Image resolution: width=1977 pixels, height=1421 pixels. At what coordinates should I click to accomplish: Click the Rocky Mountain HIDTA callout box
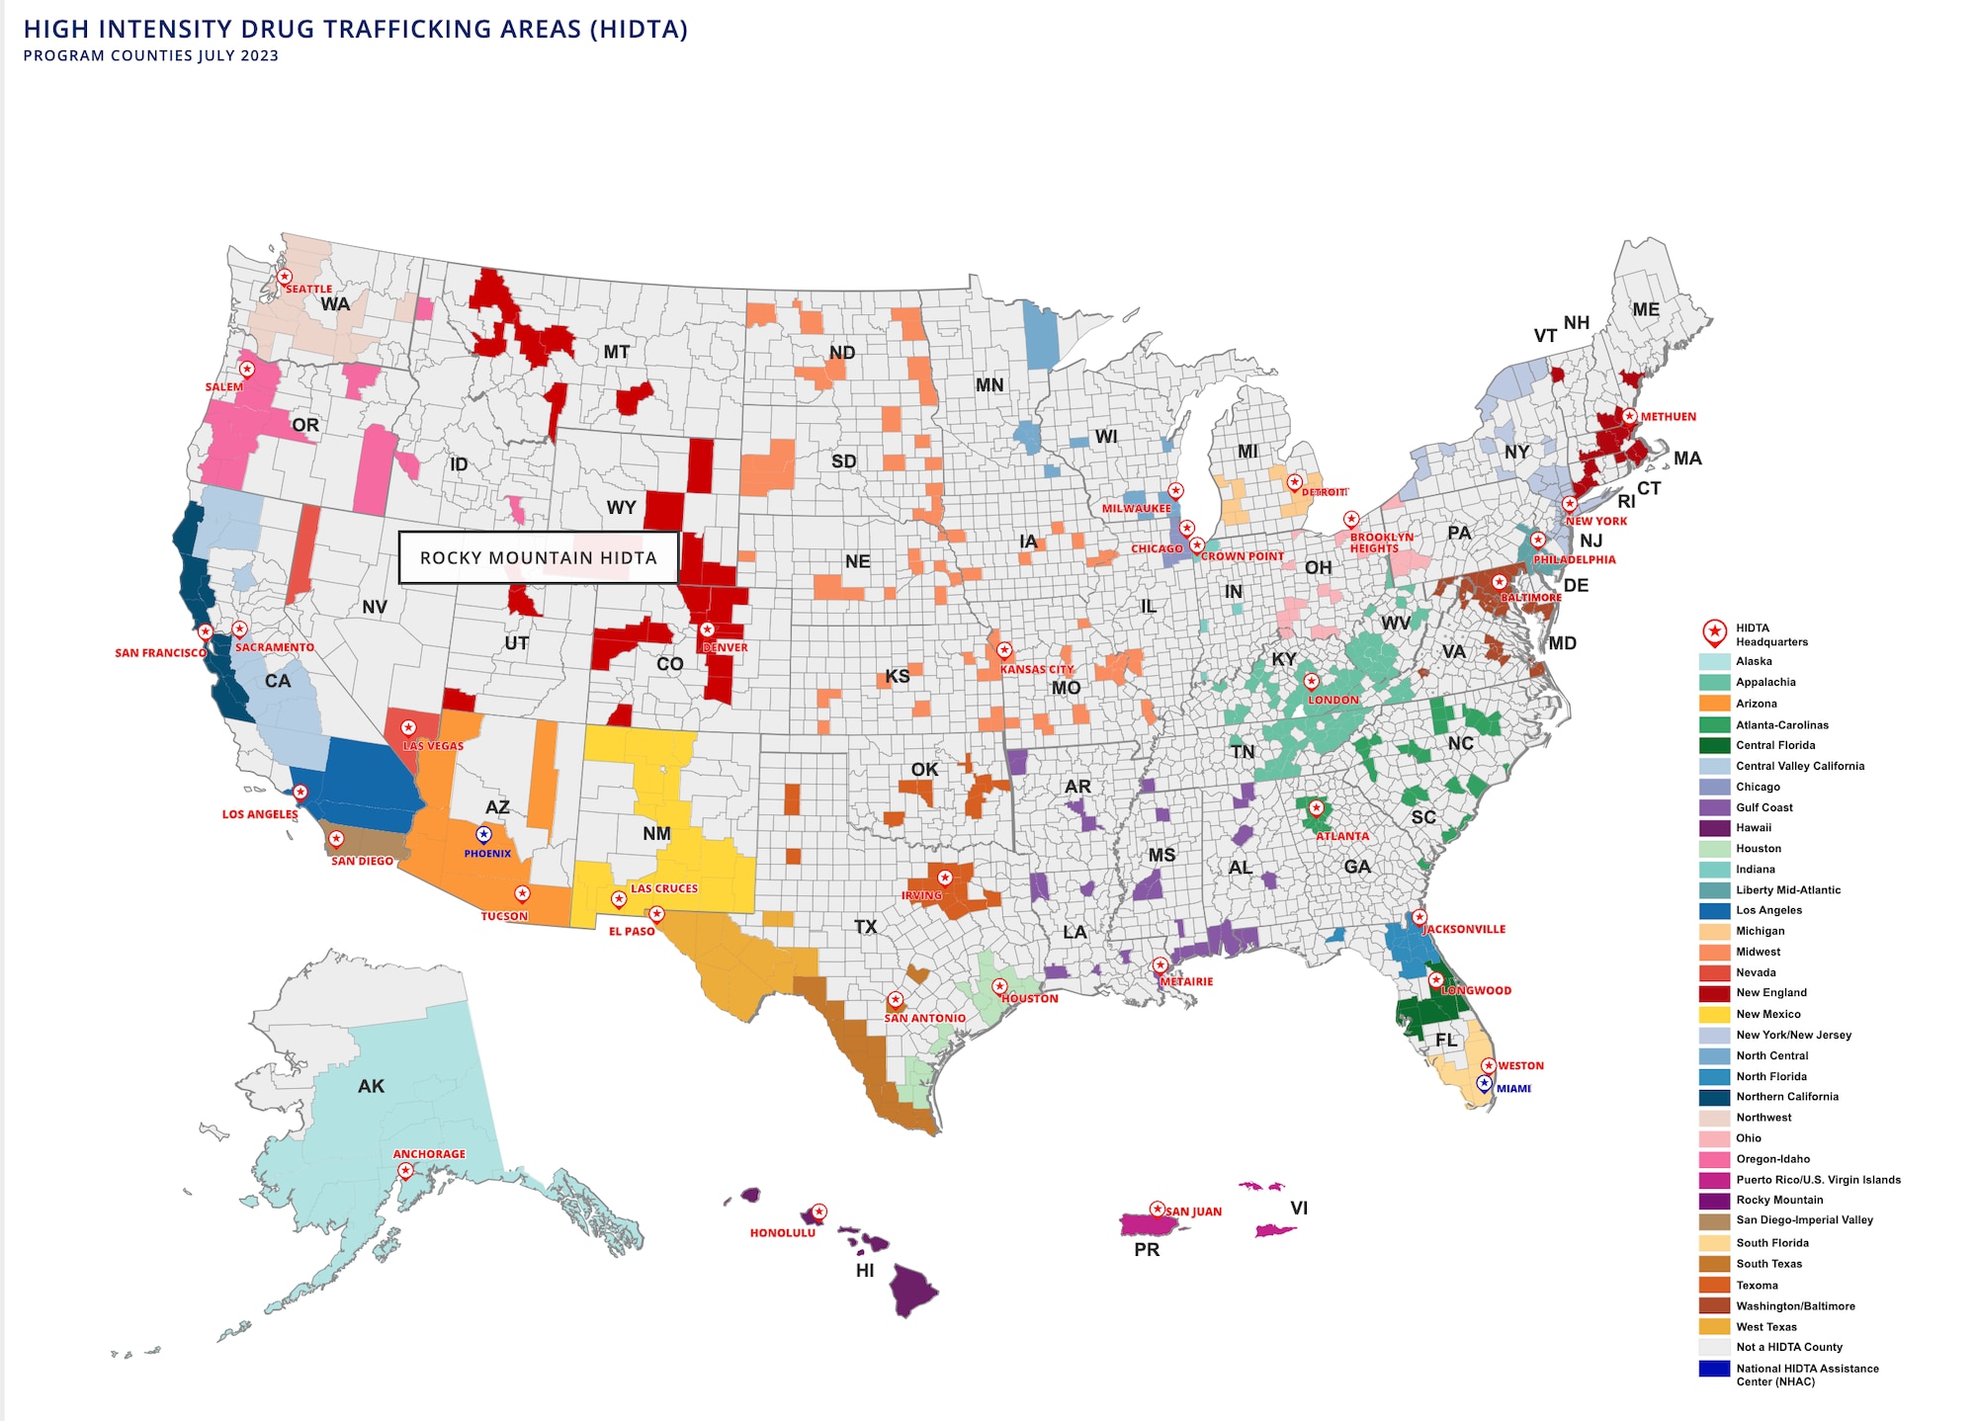[539, 557]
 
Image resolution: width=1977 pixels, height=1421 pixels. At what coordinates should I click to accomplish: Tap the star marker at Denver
[707, 629]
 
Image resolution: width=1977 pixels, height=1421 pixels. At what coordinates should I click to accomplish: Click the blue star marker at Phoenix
[483, 834]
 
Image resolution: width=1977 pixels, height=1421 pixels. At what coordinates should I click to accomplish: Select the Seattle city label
[308, 290]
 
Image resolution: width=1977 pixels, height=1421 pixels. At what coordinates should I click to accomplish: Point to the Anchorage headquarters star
[405, 1171]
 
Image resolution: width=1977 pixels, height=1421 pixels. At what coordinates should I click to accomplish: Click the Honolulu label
[782, 1233]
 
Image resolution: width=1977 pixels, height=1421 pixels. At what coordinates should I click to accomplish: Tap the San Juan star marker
[1157, 1209]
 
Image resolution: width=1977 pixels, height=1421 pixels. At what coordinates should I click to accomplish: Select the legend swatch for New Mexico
[1714, 1014]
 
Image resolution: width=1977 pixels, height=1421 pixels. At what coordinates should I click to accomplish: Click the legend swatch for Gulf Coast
[1714, 807]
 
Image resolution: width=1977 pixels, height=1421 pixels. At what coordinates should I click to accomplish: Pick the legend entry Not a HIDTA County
[1789, 1347]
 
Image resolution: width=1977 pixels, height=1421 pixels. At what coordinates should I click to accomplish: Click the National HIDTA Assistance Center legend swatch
[1714, 1369]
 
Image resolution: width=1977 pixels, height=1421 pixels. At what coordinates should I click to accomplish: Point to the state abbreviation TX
[865, 927]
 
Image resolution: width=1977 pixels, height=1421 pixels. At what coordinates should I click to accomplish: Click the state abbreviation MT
[617, 352]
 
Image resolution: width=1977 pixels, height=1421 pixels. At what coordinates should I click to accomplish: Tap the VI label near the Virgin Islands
[1299, 1208]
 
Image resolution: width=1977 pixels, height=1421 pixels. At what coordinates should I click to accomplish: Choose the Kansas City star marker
[1004, 650]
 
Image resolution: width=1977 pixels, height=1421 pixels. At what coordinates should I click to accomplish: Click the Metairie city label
[1186, 981]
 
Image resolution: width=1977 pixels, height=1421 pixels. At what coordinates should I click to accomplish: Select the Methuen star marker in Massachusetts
[1629, 416]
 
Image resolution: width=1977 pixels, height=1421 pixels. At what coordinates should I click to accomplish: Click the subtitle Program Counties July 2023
[151, 56]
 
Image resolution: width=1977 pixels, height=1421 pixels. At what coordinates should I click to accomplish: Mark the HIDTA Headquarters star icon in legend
[1715, 632]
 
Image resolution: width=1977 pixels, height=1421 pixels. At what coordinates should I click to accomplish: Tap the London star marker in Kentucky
[1311, 681]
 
